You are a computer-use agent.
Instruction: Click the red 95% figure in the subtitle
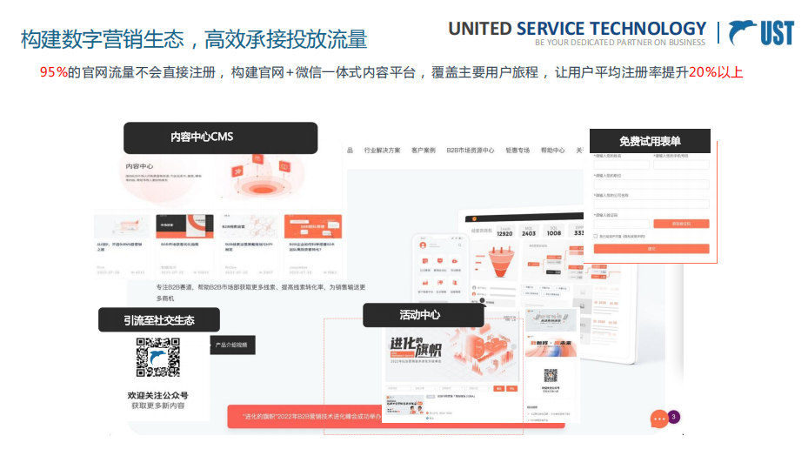(54, 72)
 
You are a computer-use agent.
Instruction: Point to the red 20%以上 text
(715, 72)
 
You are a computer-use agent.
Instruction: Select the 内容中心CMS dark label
(219, 137)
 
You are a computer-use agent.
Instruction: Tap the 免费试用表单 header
(650, 142)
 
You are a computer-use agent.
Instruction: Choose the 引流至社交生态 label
(158, 320)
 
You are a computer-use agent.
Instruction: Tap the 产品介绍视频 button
(231, 345)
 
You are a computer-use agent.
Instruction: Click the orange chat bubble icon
(659, 419)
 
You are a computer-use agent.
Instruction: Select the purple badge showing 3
(674, 416)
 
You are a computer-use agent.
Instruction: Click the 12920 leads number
(504, 232)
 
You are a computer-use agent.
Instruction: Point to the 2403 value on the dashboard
(529, 232)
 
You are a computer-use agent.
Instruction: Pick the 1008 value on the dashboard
(554, 232)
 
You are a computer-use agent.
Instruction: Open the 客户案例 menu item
(424, 151)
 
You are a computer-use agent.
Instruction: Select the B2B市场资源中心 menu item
(471, 151)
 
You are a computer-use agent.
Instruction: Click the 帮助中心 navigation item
(552, 151)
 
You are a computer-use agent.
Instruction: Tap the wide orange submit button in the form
(651, 249)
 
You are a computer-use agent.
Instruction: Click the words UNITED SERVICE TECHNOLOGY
(577, 28)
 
